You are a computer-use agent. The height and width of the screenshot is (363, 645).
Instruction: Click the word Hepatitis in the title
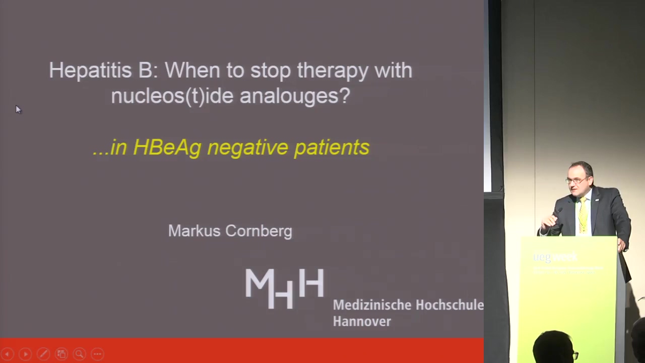[90, 70]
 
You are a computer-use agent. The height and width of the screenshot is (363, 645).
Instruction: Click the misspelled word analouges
[295, 96]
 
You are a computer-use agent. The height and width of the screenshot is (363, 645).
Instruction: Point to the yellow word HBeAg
[167, 148]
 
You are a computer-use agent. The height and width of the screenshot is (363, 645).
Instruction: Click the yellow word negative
[247, 148]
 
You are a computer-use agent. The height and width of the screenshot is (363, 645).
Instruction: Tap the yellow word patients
[332, 148]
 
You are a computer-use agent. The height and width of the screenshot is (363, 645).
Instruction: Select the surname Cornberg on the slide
[259, 231]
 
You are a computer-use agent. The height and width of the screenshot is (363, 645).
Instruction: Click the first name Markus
[194, 231]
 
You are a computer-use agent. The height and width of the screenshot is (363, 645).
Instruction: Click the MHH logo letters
[285, 288]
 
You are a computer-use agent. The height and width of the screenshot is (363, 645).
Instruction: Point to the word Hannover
[362, 321]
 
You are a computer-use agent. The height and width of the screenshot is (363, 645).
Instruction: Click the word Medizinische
[372, 305]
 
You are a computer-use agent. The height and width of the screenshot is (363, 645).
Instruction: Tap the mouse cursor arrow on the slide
[19, 109]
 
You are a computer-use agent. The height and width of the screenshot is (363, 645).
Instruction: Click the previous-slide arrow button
[8, 354]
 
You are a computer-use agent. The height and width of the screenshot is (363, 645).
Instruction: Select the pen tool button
[43, 354]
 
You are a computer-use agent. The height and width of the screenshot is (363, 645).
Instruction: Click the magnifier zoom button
[80, 354]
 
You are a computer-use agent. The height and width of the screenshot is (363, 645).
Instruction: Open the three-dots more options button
[98, 354]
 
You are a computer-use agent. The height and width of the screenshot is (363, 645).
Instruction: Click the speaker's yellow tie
[584, 215]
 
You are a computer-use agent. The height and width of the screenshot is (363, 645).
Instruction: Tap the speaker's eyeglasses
[576, 180]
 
